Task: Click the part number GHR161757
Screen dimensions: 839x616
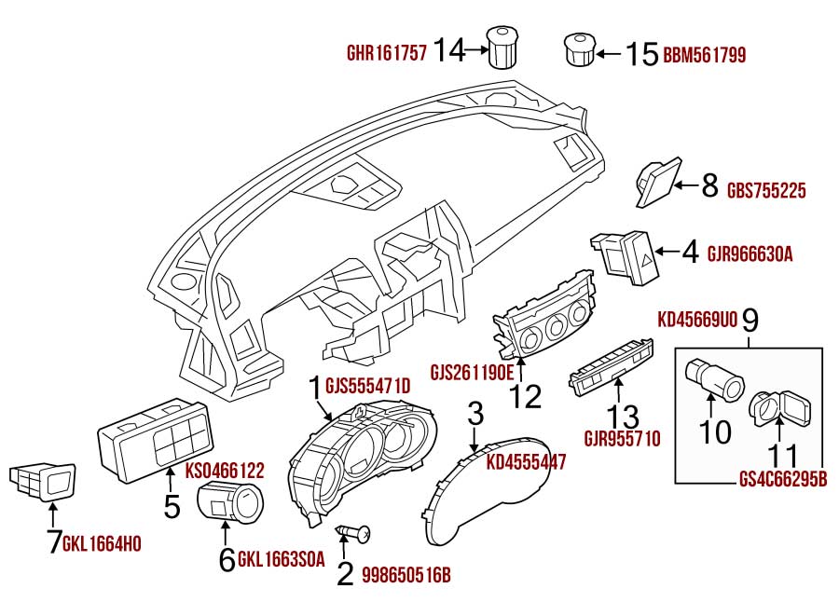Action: pyautogui.click(x=387, y=53)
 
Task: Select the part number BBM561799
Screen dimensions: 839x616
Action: pyautogui.click(x=704, y=55)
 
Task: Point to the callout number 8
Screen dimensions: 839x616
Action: pyautogui.click(x=709, y=185)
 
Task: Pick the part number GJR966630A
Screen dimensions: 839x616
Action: pyautogui.click(x=750, y=253)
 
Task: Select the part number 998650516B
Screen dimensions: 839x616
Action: pyautogui.click(x=406, y=575)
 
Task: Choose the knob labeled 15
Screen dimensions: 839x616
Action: pyautogui.click(x=580, y=49)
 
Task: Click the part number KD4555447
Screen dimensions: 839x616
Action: pyautogui.click(x=526, y=461)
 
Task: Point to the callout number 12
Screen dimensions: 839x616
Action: pyautogui.click(x=525, y=397)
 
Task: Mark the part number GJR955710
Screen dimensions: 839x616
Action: pyautogui.click(x=623, y=439)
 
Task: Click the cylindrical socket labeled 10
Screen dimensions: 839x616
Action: pyautogui.click(x=715, y=378)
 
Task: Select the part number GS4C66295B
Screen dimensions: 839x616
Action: pyautogui.click(x=783, y=479)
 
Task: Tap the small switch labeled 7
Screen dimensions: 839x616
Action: pyautogui.click(x=43, y=481)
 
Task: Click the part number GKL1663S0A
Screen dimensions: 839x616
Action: pyautogui.click(x=281, y=559)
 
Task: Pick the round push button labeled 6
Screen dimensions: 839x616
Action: pyautogui.click(x=230, y=500)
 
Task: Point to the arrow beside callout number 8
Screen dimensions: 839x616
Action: pyautogui.click(x=685, y=185)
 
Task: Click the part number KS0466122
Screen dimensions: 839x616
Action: pyautogui.click(x=225, y=471)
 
